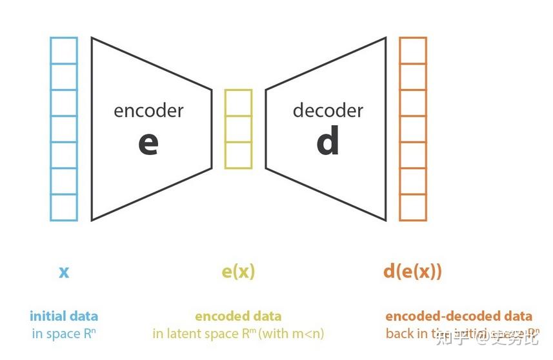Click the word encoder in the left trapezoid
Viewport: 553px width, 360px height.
tap(148, 110)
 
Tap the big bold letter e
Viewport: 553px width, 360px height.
tap(148, 143)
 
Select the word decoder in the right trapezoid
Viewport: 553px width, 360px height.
tap(328, 110)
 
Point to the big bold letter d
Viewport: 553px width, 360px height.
tap(328, 142)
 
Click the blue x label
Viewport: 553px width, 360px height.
tap(64, 272)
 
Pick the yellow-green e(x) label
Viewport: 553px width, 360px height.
tap(238, 272)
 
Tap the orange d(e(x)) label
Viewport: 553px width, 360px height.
tap(412, 271)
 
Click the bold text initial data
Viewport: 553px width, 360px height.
tap(64, 316)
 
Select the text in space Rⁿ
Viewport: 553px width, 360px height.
tap(64, 334)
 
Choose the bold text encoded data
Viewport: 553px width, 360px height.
tap(238, 316)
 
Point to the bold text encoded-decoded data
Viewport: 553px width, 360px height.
tap(459, 316)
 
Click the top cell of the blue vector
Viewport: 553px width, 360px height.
tap(64, 50)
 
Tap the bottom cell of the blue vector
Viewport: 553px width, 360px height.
tap(64, 207)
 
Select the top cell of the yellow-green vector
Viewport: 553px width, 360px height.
tap(238, 103)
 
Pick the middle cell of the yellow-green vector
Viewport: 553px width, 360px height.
tap(238, 129)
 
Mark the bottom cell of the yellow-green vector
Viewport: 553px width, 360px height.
tap(238, 155)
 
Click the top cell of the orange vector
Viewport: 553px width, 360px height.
tap(412, 50)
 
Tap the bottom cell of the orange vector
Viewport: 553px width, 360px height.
tap(412, 207)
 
